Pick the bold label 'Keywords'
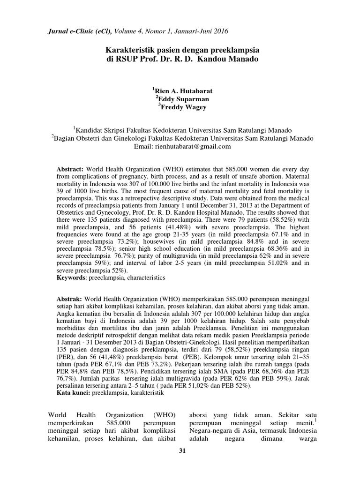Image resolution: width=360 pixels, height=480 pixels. click(x=71, y=277)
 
